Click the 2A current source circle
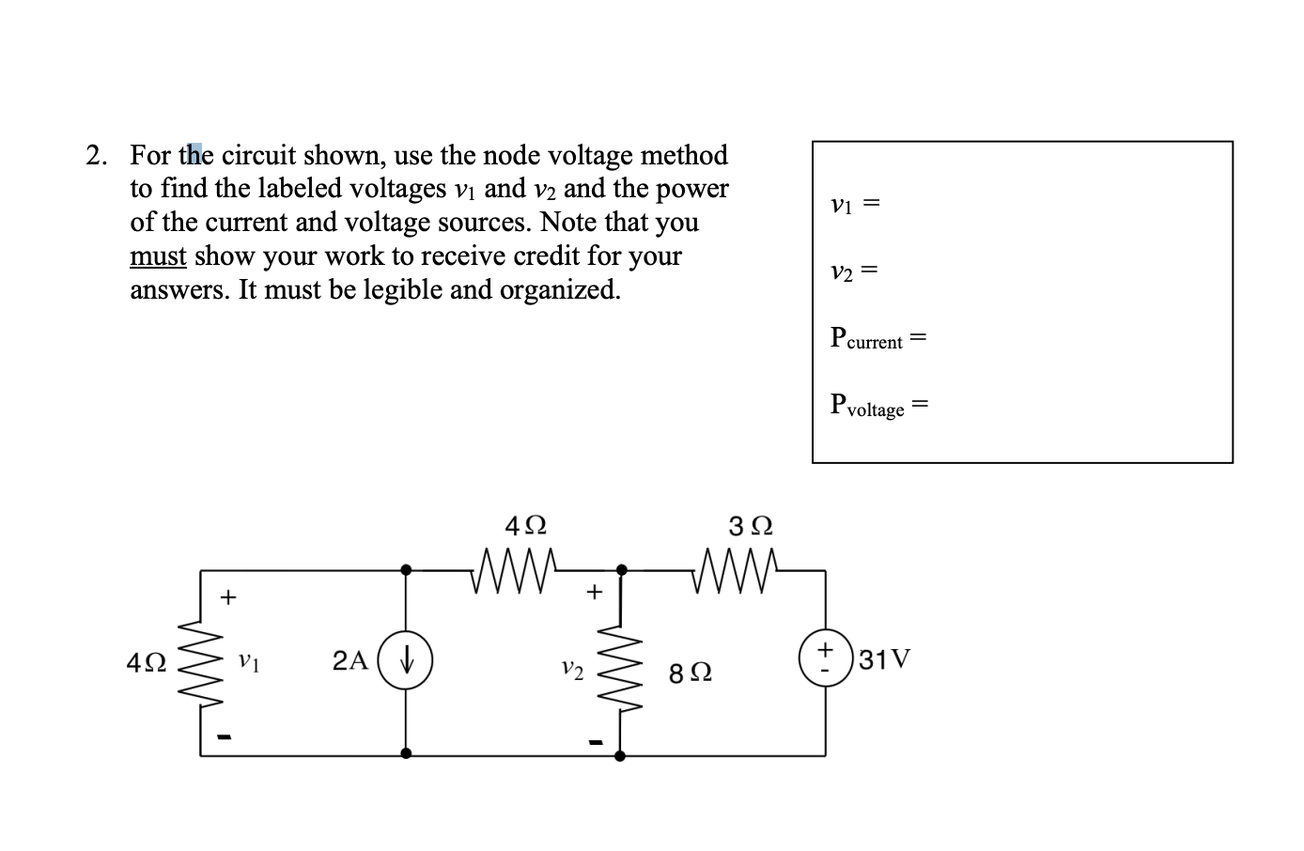(405, 661)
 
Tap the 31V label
(884, 658)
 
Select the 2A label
(350, 660)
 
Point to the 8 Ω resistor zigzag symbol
(620, 668)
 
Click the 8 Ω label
(691, 673)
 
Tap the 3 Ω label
(751, 525)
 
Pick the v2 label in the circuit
(572, 670)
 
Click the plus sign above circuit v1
(228, 596)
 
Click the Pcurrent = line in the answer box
(878, 338)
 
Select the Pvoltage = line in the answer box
(879, 406)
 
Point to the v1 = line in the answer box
(854, 203)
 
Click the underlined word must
(158, 255)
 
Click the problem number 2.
(95, 155)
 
